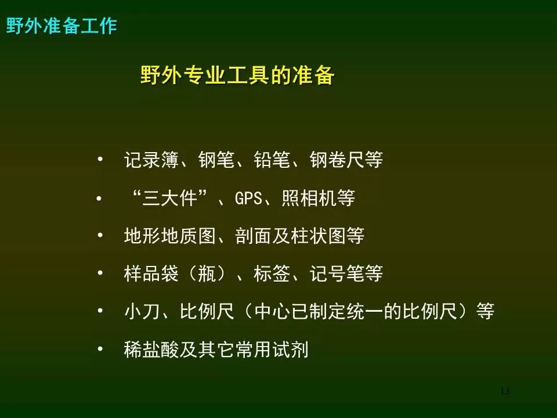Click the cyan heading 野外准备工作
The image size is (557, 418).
tap(62, 26)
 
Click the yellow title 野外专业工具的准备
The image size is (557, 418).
tap(237, 75)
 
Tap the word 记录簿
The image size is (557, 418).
tap(151, 160)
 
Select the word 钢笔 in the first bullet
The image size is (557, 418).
tap(216, 160)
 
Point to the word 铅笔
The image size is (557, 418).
tap(272, 160)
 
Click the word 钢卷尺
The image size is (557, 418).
tap(337, 160)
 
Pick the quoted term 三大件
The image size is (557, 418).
tap(170, 198)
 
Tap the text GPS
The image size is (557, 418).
tap(249, 199)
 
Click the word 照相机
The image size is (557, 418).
tap(309, 198)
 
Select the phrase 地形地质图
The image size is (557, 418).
tap(170, 236)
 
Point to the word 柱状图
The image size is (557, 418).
tap(319, 236)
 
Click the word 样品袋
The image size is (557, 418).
tap(151, 273)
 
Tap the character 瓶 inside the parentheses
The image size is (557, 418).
tap(207, 273)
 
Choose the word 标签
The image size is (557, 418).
tap(272, 273)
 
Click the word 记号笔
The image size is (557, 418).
tap(337, 273)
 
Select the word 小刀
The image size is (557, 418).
tap(142, 311)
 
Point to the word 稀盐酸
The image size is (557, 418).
tap(151, 349)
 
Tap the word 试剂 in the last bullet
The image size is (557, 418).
tap(291, 349)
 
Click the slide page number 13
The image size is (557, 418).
tap(505, 391)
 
